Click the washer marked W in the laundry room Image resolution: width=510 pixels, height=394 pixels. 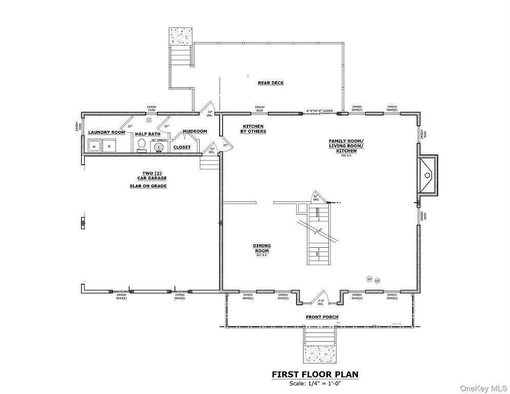94,146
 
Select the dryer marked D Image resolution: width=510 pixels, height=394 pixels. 109,146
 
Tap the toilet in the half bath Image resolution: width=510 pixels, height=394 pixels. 142,146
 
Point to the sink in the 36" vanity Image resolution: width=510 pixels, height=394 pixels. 159,147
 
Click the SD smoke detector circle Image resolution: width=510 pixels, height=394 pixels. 369,279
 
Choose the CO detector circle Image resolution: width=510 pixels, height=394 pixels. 377,281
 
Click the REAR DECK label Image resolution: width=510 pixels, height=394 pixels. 270,83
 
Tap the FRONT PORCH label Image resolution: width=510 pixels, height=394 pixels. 322,317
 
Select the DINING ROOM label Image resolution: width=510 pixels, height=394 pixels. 262,248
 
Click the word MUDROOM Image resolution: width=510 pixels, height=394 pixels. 195,131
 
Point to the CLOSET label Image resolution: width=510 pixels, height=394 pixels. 182,147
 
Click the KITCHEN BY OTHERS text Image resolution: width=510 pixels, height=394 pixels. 253,129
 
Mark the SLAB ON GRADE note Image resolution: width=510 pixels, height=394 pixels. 148,186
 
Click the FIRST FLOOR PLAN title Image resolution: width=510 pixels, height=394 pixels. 315,375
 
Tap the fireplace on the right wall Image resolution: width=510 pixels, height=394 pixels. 427,175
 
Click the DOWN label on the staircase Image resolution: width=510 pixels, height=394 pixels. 317,211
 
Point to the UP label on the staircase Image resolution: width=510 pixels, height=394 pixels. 317,253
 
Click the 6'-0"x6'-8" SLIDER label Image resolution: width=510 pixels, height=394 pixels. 320,110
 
